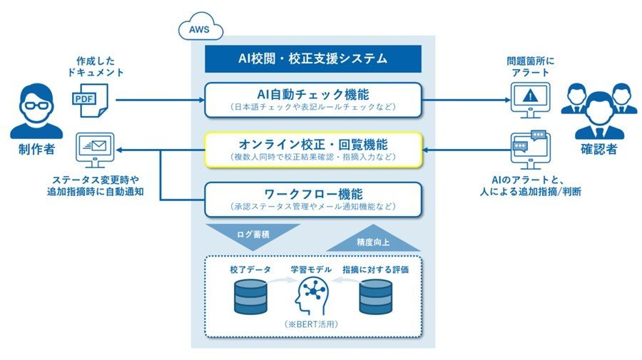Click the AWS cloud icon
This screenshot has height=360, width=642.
pos(200,26)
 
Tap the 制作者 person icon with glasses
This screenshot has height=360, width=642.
pos(36,111)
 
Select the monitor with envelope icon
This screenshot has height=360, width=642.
pos(95,150)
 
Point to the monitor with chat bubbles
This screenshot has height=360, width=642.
pos(529,150)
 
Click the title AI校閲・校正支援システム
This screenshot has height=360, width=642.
pos(313,59)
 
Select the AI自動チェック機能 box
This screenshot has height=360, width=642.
pos(313,100)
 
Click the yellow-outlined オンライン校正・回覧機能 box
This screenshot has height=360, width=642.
pos(313,150)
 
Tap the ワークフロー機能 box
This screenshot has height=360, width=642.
pos(313,199)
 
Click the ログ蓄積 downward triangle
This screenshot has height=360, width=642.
pos(253,235)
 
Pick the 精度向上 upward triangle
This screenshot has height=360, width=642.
pos(373,240)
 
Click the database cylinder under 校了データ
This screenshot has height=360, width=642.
pos(250,297)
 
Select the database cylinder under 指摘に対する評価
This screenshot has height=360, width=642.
pos(375,297)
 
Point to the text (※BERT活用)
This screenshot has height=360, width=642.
pos(312,324)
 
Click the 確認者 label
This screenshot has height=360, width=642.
pos(599,149)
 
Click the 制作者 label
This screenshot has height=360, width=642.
pos(36,149)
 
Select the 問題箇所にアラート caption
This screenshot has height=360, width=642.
pos(530,67)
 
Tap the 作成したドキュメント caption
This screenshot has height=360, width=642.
pos(96,67)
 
